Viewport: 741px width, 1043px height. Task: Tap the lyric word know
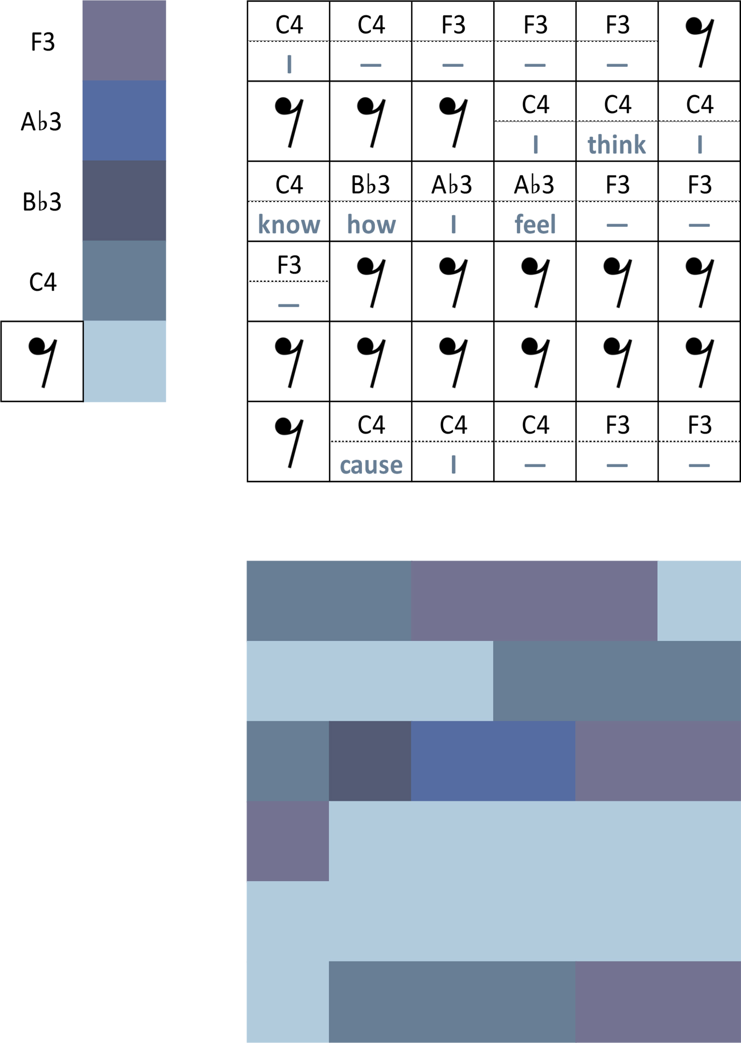pos(289,224)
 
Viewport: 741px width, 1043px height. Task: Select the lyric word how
pos(371,224)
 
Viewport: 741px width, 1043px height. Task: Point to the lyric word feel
pos(535,224)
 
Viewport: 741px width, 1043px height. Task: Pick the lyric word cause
pos(371,465)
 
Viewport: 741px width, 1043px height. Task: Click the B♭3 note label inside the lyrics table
pos(370,185)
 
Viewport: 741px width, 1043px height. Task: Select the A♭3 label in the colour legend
pos(41,121)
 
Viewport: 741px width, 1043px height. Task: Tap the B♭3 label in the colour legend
pos(42,202)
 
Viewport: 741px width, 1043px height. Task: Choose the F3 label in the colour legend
pos(42,42)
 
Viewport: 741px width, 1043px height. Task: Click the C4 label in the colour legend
pos(42,282)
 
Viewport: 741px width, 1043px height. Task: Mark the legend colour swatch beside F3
pos(124,41)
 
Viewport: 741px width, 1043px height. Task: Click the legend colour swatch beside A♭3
pos(124,121)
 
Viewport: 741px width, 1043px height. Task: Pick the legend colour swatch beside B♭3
pos(124,201)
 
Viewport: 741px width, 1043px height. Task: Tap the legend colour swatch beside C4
pos(124,280)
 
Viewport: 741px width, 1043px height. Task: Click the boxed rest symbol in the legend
pos(42,362)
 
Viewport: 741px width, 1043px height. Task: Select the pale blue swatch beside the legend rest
pos(124,361)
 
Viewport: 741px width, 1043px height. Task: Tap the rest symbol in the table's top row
pos(699,42)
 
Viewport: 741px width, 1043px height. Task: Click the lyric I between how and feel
pos(453,224)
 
